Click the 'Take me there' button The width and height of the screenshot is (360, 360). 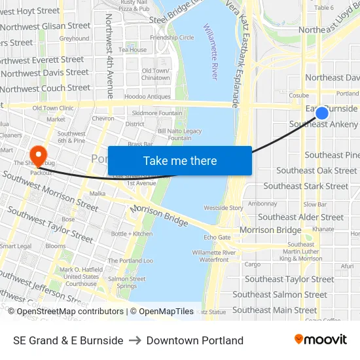180,161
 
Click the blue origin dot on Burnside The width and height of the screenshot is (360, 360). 321,113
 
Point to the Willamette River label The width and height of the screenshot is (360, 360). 211,52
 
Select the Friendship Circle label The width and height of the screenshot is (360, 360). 172,37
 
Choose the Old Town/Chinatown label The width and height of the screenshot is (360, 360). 156,74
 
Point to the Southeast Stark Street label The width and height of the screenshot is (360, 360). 306,186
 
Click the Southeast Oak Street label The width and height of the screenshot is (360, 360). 317,170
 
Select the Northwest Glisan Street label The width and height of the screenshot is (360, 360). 45,26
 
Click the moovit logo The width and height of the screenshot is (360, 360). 321,340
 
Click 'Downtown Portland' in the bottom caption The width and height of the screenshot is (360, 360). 195,340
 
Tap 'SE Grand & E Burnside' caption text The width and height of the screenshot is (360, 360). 68,340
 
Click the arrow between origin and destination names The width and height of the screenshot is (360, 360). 135,340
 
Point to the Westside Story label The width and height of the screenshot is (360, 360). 223,207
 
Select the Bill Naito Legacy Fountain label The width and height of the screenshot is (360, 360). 179,134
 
